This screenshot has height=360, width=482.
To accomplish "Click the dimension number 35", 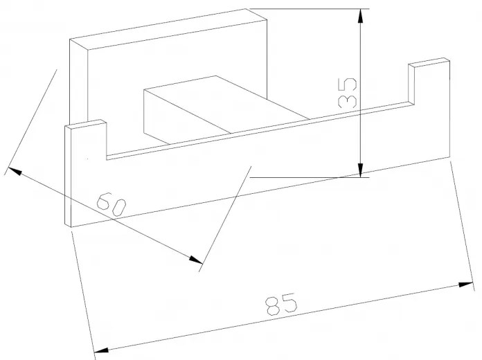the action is click(x=348, y=93).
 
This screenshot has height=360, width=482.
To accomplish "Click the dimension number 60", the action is click(x=111, y=204).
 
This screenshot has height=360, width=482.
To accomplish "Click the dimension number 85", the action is click(x=281, y=304).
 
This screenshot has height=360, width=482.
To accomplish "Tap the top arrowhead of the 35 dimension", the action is click(x=361, y=17).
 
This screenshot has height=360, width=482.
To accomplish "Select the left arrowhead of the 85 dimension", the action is click(x=101, y=350).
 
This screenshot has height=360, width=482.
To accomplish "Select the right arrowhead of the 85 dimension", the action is click(x=465, y=285).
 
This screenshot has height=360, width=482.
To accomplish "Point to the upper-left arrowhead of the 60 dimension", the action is click(x=15, y=171).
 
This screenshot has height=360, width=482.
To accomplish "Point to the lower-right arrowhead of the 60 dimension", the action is click(x=196, y=260).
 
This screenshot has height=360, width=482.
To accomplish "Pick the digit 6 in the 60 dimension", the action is click(x=104, y=201).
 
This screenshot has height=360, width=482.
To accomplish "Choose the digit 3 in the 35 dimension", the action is click(x=348, y=101).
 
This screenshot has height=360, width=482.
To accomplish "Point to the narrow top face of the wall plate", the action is click(x=168, y=29).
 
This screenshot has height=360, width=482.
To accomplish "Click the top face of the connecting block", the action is click(x=226, y=105).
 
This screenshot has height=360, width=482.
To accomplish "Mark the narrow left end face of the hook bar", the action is click(x=68, y=177).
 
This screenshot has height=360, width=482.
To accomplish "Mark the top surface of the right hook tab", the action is click(x=429, y=62).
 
